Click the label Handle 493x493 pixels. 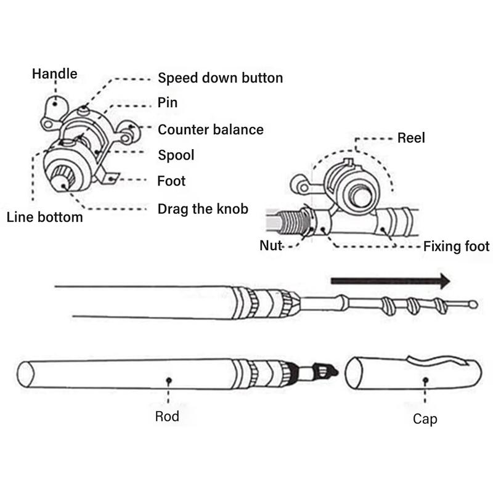pyautogui.click(x=54, y=74)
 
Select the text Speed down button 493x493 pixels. pyautogui.click(x=220, y=78)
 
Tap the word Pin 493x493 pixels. pyautogui.click(x=168, y=103)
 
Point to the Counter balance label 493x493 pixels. pyautogui.click(x=210, y=129)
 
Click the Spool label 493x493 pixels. pyautogui.click(x=176, y=155)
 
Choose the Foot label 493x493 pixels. pyautogui.click(x=171, y=181)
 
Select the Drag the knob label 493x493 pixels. pyautogui.click(x=203, y=208)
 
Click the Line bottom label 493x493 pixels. pyautogui.click(x=44, y=217)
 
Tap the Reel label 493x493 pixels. pyautogui.click(x=411, y=137)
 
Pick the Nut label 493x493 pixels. pyautogui.click(x=271, y=245)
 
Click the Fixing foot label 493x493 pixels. pyautogui.click(x=456, y=246)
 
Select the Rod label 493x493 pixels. pyautogui.click(x=167, y=417)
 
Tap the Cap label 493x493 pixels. pyautogui.click(x=425, y=419)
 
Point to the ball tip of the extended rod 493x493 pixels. pyautogui.click(x=473, y=304)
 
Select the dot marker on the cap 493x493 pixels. pyautogui.click(x=425, y=381)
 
